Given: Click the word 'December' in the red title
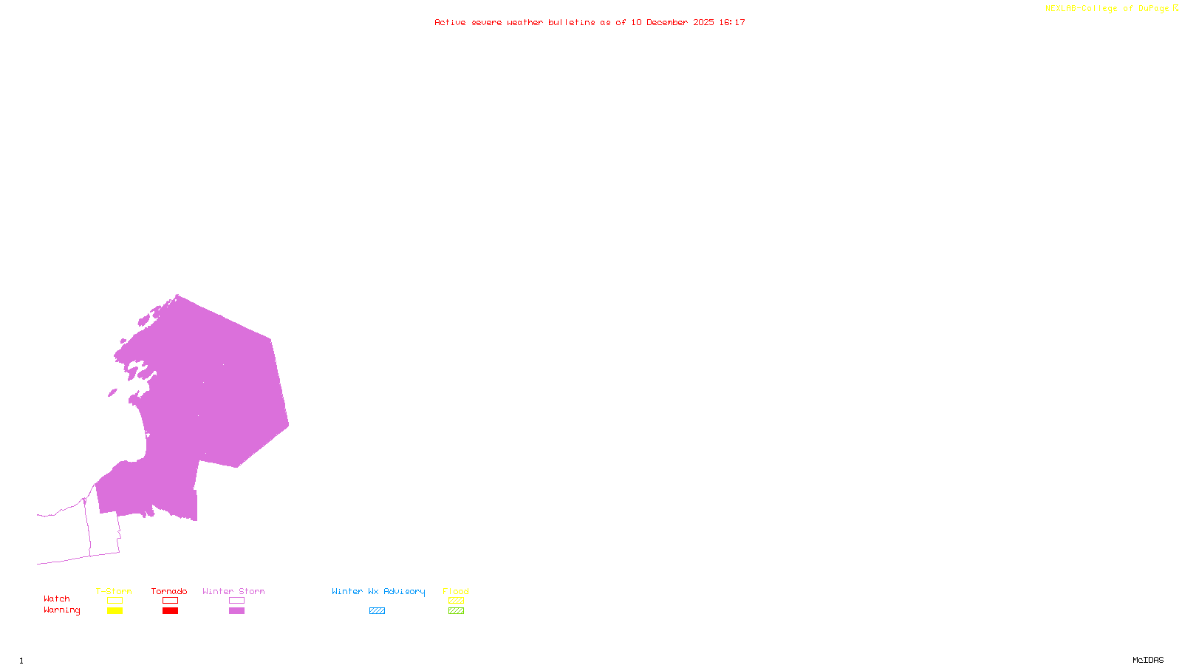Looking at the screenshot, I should [667, 23].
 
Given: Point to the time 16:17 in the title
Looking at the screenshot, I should [732, 23].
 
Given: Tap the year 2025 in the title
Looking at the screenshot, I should [703, 23].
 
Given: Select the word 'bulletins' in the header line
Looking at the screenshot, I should [572, 23].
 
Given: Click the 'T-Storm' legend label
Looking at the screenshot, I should [114, 591].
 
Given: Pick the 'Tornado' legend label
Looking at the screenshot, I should [169, 591].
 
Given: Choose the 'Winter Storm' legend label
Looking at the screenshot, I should [233, 591].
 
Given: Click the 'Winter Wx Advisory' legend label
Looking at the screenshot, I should [378, 591].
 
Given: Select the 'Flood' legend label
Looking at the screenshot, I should [456, 591].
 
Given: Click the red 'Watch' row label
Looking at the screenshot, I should [57, 598].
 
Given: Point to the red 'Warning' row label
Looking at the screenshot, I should [62, 610].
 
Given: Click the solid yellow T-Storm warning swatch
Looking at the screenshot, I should [115, 611].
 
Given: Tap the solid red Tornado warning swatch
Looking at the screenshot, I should [170, 611].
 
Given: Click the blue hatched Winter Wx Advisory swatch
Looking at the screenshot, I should [377, 611].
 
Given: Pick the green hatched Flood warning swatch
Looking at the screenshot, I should [456, 611].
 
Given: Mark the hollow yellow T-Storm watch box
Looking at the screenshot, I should [115, 601].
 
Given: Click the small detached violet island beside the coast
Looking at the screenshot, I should [112, 393].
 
